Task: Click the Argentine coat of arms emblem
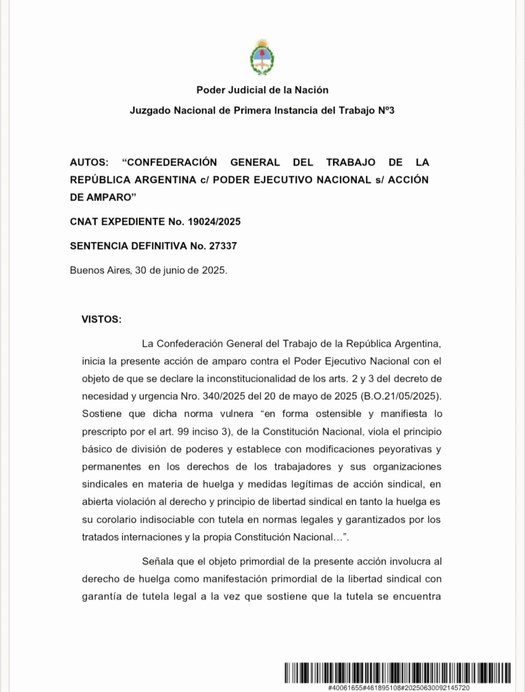pos(262,57)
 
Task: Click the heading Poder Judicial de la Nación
pos(262,90)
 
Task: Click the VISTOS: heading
pos(101,318)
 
